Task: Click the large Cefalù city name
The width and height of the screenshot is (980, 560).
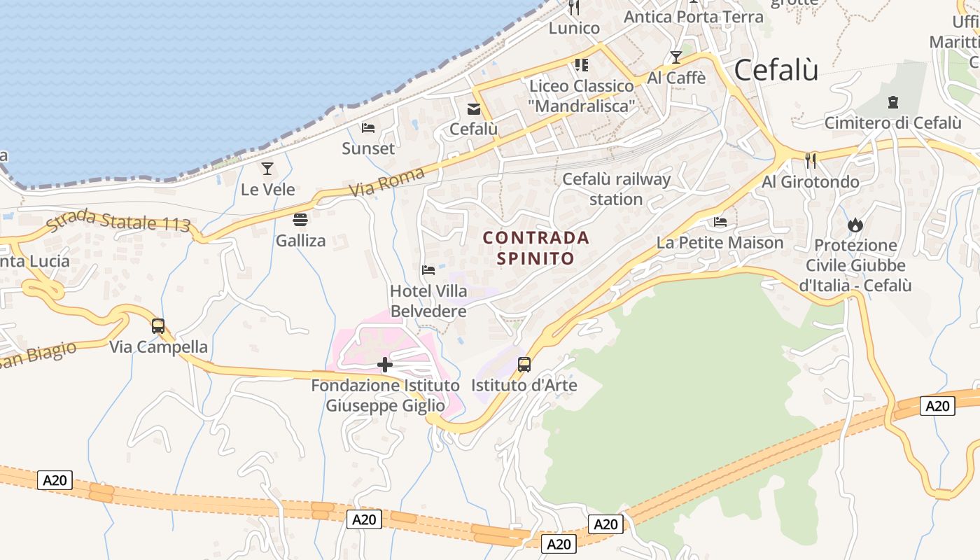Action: coord(776,70)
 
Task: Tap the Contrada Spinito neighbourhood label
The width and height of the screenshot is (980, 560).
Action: coord(536,248)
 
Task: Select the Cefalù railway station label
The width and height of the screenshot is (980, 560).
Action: coord(616,189)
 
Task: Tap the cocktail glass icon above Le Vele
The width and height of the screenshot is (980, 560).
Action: coord(267,168)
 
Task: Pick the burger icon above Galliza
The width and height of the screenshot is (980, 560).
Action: coord(300,220)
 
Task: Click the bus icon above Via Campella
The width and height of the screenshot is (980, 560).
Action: coord(158,325)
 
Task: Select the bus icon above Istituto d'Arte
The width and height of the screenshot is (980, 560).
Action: coord(524,364)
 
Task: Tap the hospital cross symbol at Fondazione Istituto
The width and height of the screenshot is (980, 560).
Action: coord(384,364)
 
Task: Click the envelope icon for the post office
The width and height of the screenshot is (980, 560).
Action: coord(474,108)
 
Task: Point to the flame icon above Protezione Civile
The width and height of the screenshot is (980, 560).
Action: coord(855,225)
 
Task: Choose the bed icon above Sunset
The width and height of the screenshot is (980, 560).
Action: coord(368,127)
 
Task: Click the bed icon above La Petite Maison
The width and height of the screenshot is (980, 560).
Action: coord(720,222)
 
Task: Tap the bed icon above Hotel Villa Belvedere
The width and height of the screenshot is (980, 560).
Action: coord(428,269)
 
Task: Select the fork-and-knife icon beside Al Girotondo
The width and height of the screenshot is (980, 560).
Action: coord(810,160)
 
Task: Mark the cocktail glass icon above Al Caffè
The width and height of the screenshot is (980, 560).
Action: coord(675,57)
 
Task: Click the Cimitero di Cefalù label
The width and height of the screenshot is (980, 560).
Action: coord(892,122)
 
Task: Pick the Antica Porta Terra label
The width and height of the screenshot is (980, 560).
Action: coord(693,16)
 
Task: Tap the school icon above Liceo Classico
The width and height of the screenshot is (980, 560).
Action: coord(581,65)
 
